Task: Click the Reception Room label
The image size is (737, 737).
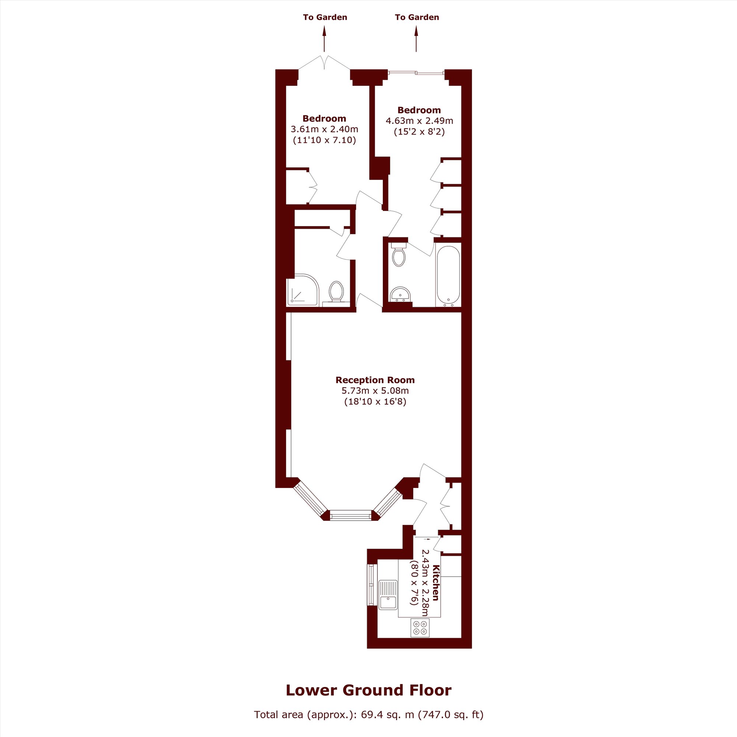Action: [x=375, y=380]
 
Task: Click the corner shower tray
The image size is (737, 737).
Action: [x=303, y=290]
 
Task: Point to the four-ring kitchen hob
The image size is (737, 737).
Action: [x=420, y=628]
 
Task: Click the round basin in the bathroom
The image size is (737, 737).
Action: [x=400, y=294]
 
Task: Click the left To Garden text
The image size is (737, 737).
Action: [x=325, y=17]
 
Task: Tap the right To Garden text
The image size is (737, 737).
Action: [x=417, y=17]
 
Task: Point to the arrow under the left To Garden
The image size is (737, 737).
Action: [x=324, y=39]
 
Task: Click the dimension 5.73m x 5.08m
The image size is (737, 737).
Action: [x=375, y=391]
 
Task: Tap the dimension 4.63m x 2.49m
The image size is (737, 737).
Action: [x=419, y=121]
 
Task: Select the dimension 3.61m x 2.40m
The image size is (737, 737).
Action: [x=324, y=129]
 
